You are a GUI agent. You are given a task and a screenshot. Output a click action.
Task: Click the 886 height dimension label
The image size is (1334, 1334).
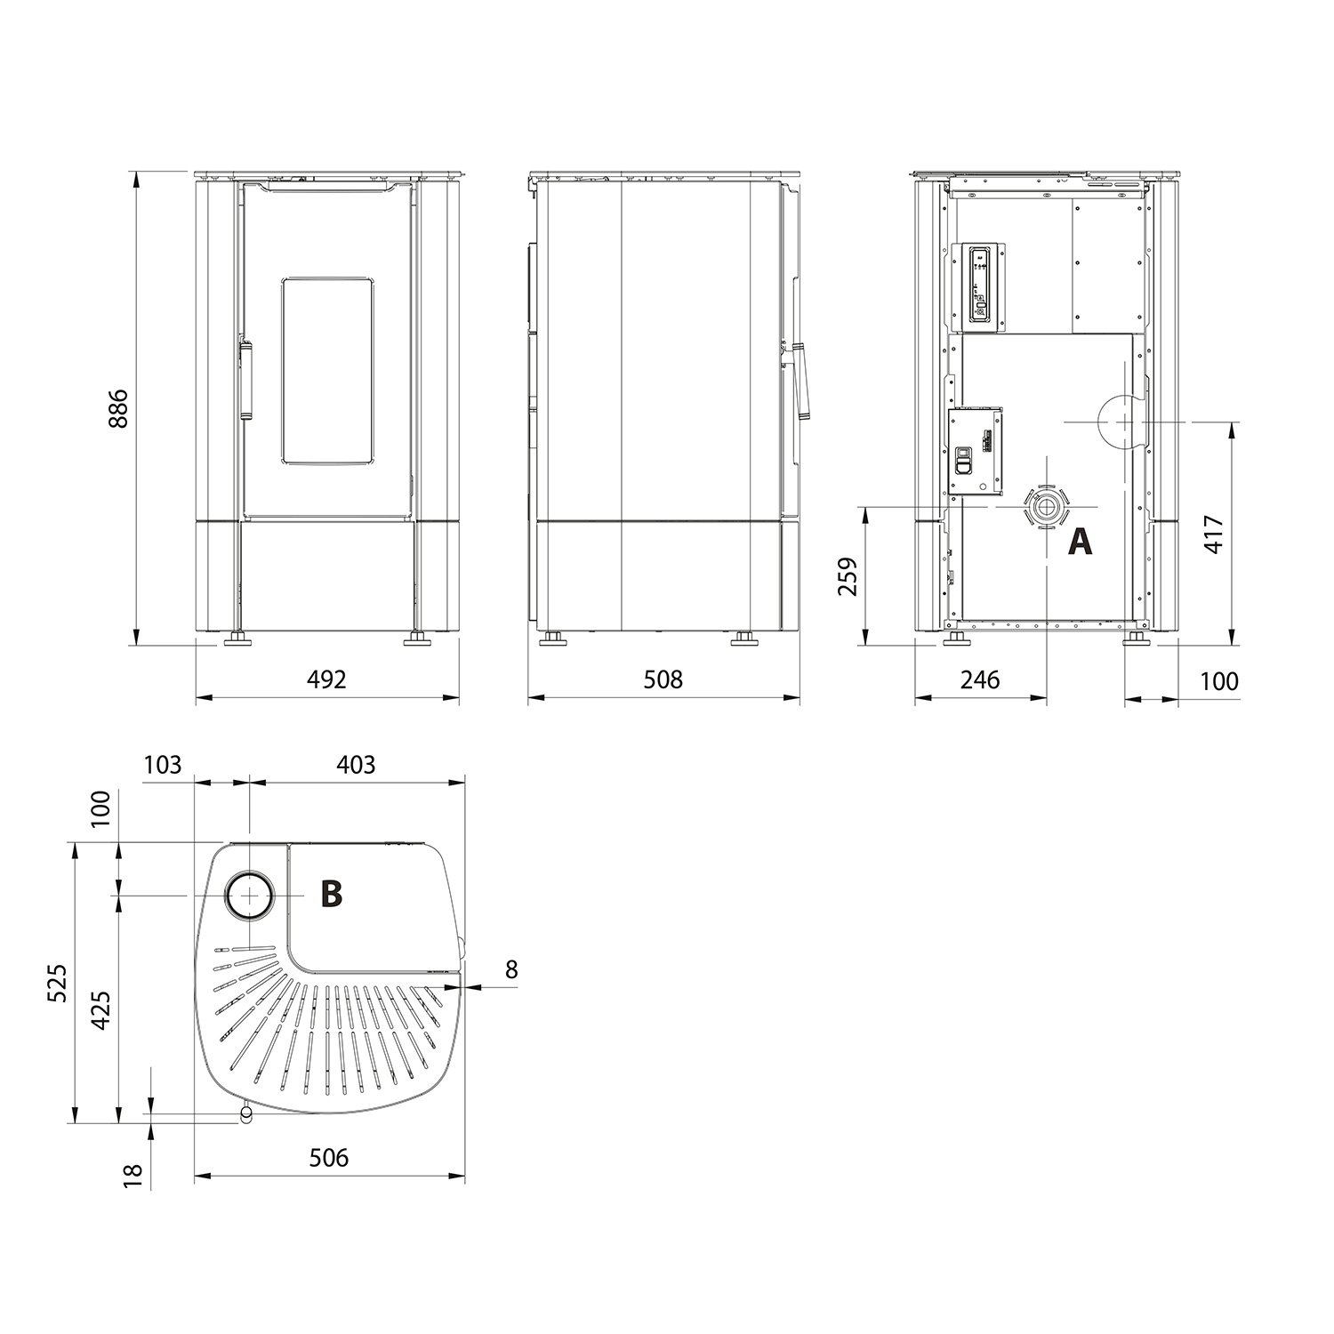[x=118, y=408]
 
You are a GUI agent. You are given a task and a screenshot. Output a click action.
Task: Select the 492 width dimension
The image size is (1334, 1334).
[x=326, y=680]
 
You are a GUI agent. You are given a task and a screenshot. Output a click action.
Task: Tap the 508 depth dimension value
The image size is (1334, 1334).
[x=663, y=680]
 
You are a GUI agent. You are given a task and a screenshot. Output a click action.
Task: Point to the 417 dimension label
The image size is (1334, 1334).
[x=1216, y=535]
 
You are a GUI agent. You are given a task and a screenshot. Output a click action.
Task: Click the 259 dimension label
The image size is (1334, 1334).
[x=849, y=576]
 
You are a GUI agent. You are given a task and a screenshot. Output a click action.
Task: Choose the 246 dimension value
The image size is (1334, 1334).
[x=980, y=680]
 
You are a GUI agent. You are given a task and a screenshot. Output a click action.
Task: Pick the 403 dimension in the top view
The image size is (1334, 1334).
[x=357, y=764]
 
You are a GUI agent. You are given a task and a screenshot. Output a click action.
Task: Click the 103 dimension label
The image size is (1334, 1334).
[x=162, y=764]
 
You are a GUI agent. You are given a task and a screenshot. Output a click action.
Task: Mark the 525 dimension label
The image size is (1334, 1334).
[x=57, y=983]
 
